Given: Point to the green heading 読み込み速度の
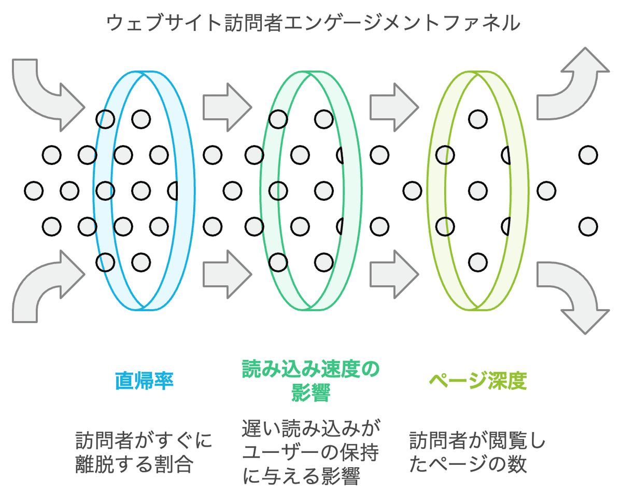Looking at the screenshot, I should point(310,370).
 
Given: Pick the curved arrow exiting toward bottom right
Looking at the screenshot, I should point(575,296).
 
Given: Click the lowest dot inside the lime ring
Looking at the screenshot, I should point(477,262).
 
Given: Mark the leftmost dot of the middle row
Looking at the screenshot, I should point(34,191).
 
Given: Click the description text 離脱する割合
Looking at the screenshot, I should point(134,464).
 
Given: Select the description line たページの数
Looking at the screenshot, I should point(468,464).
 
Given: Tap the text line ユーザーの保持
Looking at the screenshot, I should point(310,453).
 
